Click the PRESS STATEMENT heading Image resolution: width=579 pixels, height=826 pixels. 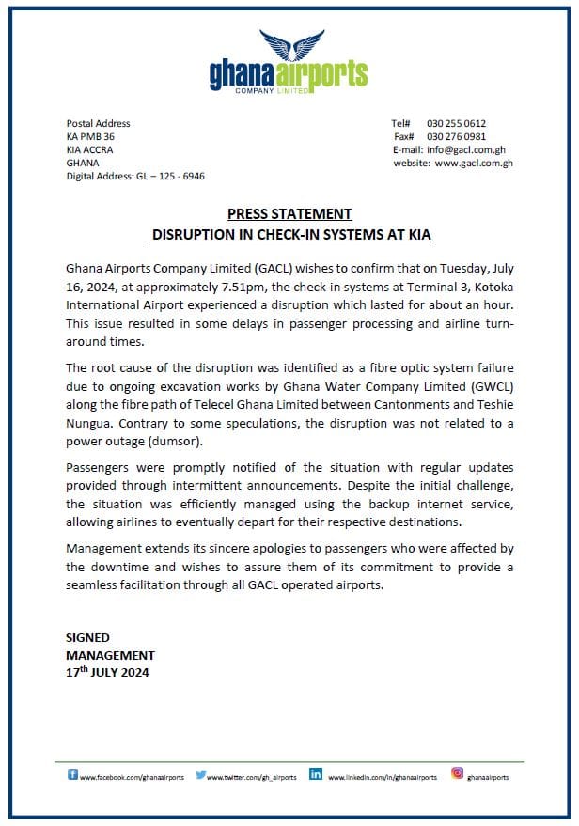coord(289,214)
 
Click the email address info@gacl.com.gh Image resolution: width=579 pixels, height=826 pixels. coord(466,149)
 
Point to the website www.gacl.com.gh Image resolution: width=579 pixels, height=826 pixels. coord(473,163)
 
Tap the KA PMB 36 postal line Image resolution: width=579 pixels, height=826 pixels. coord(90,136)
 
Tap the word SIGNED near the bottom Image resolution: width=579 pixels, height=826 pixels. coord(87,637)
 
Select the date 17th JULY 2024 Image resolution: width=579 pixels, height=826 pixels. coord(107,672)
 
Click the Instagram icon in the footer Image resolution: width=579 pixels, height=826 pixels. coord(458,774)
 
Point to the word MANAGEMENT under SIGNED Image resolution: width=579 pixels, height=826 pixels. coord(110,655)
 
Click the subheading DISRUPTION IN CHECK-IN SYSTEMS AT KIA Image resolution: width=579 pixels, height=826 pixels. coord(291,232)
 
